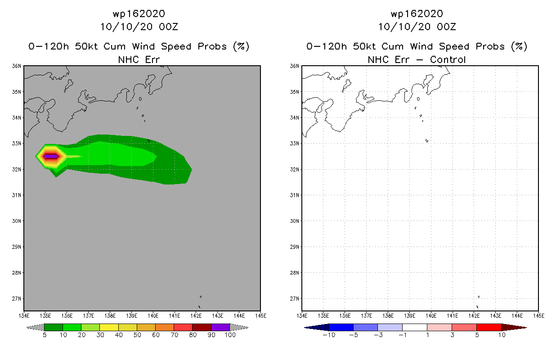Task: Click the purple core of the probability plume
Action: click(51, 157)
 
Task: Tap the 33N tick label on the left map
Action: click(16, 144)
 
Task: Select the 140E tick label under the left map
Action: click(153, 316)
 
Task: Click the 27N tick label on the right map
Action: click(294, 299)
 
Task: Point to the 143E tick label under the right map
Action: click(495, 316)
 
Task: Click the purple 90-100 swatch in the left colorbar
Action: click(220, 327)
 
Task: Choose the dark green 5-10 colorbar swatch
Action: click(54, 327)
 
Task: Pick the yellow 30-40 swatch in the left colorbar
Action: click(109, 327)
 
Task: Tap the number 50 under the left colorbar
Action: click(137, 335)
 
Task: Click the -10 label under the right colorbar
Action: click(329, 335)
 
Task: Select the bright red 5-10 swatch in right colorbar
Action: click(489, 327)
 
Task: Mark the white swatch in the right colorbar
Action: click(415, 327)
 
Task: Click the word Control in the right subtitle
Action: click(448, 59)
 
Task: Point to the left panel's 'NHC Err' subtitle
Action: click(139, 59)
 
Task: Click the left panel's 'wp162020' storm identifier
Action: click(139, 13)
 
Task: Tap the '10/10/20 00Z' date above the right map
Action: click(417, 27)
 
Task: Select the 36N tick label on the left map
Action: click(16, 66)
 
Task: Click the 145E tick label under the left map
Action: click(260, 316)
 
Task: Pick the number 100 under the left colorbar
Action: click(230, 335)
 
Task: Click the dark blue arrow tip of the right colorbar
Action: click(305, 328)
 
